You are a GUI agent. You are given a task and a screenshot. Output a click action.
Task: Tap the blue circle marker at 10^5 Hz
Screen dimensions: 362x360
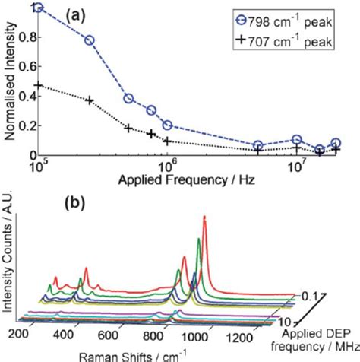39,8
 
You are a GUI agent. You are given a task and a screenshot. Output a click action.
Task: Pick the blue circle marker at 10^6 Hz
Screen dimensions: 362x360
167,125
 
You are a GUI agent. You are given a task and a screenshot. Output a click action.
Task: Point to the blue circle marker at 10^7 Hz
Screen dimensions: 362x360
297,140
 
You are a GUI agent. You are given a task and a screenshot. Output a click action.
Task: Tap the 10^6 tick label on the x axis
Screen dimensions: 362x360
167,167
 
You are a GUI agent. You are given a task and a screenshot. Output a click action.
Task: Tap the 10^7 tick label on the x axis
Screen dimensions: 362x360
297,167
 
